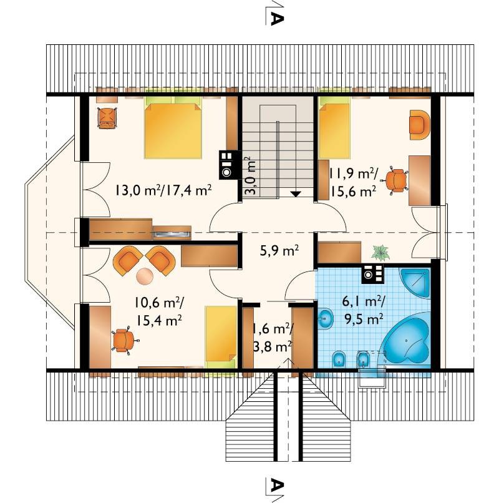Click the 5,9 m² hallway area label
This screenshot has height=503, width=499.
pyautogui.click(x=279, y=251)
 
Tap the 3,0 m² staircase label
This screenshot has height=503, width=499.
pyautogui.click(x=251, y=175)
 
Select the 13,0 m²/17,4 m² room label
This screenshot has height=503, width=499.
pyautogui.click(x=163, y=190)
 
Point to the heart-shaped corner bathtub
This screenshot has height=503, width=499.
pyautogui.click(x=406, y=339)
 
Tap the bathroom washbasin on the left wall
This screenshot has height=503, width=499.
pyautogui.click(x=326, y=318)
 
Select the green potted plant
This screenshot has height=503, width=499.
pyautogui.click(x=380, y=253)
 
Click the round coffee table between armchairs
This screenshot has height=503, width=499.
pyautogui.click(x=145, y=276)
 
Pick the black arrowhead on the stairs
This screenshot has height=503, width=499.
pyautogui.click(x=296, y=193)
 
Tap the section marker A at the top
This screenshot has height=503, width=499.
pyautogui.click(x=275, y=18)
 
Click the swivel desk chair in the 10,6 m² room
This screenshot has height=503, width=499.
pyautogui.click(x=124, y=340)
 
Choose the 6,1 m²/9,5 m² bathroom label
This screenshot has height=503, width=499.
pyautogui.click(x=364, y=310)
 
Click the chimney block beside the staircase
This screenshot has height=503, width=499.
pyautogui.click(x=229, y=165)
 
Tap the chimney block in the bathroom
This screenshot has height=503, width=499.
pyautogui.click(x=372, y=274)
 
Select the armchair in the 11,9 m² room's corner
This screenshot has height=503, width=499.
pyautogui.click(x=419, y=125)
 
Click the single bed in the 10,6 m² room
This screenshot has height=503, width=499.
pyautogui.click(x=221, y=338)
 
